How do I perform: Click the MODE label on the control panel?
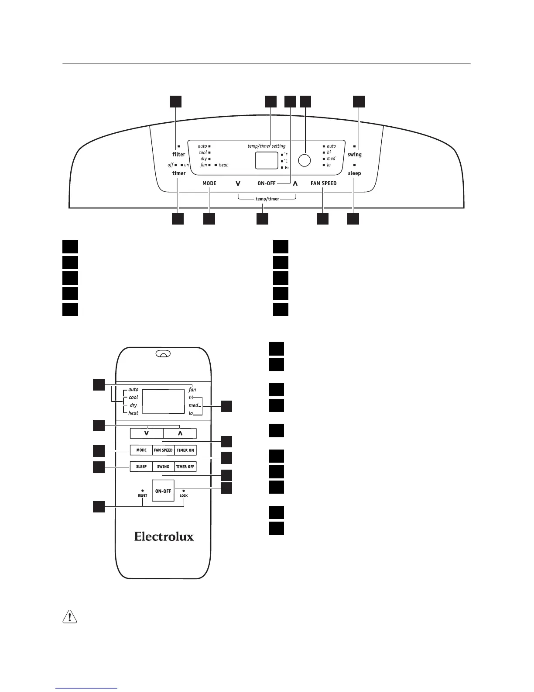209,183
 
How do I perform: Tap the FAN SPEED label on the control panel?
323,183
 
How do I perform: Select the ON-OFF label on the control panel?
266,183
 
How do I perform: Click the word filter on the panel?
179,154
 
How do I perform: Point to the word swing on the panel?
354,155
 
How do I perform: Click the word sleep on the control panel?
354,173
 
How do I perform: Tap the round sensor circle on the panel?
304,160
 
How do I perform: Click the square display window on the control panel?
267,161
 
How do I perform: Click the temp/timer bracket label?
267,199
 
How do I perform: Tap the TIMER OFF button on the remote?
185,467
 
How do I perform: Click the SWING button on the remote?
163,467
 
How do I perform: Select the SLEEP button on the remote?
141,467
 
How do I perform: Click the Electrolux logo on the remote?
164,536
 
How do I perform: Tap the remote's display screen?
164,401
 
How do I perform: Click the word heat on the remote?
133,413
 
